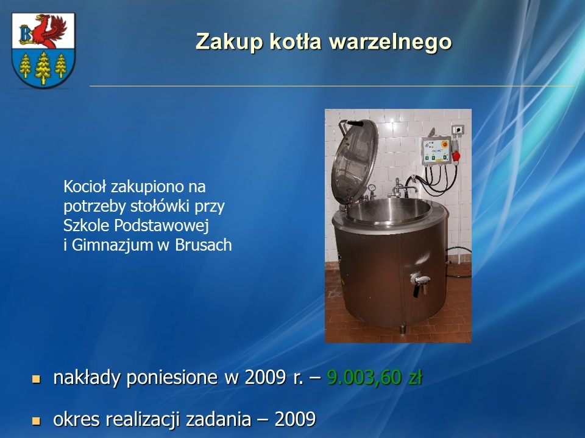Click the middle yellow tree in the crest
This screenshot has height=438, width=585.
pyautogui.click(x=43, y=68)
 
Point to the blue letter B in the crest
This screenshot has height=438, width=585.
pyautogui.click(x=26, y=34)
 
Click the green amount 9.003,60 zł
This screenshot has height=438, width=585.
pyautogui.click(x=375, y=377)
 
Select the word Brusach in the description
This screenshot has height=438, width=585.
pyautogui.click(x=204, y=245)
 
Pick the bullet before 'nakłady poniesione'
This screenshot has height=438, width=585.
pyautogui.click(x=36, y=379)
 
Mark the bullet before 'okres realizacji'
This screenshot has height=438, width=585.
pyautogui.click(x=36, y=421)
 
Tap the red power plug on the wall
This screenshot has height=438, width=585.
pyautogui.click(x=456, y=155)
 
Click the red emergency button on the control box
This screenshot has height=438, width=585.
pyautogui.click(x=445, y=144)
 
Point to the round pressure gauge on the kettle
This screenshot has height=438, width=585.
pyautogui.click(x=372, y=188)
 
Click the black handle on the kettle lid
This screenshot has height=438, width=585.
pyautogui.click(x=355, y=123)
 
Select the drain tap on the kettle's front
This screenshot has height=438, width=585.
pyautogui.click(x=420, y=283)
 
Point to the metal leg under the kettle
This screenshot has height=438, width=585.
pyautogui.click(x=403, y=329)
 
